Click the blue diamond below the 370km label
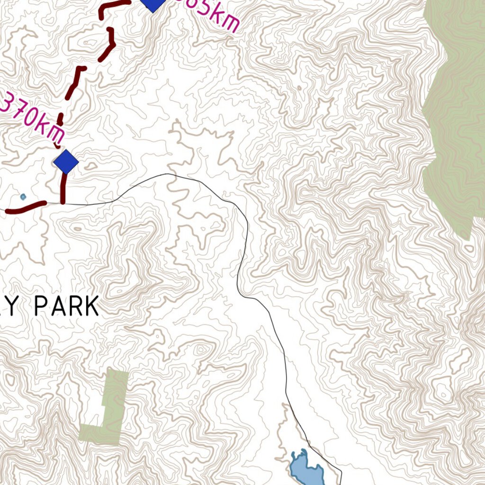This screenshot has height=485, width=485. tap(66, 162)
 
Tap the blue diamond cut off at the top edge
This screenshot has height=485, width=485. tap(153, 4)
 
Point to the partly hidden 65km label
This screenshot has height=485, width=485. tap(208, 15)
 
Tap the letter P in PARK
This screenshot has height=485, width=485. tap(41, 306)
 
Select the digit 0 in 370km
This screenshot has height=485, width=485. tap(31, 118)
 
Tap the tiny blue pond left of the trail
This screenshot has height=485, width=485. tap(23, 197)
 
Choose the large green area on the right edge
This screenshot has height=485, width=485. tap(455, 118)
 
